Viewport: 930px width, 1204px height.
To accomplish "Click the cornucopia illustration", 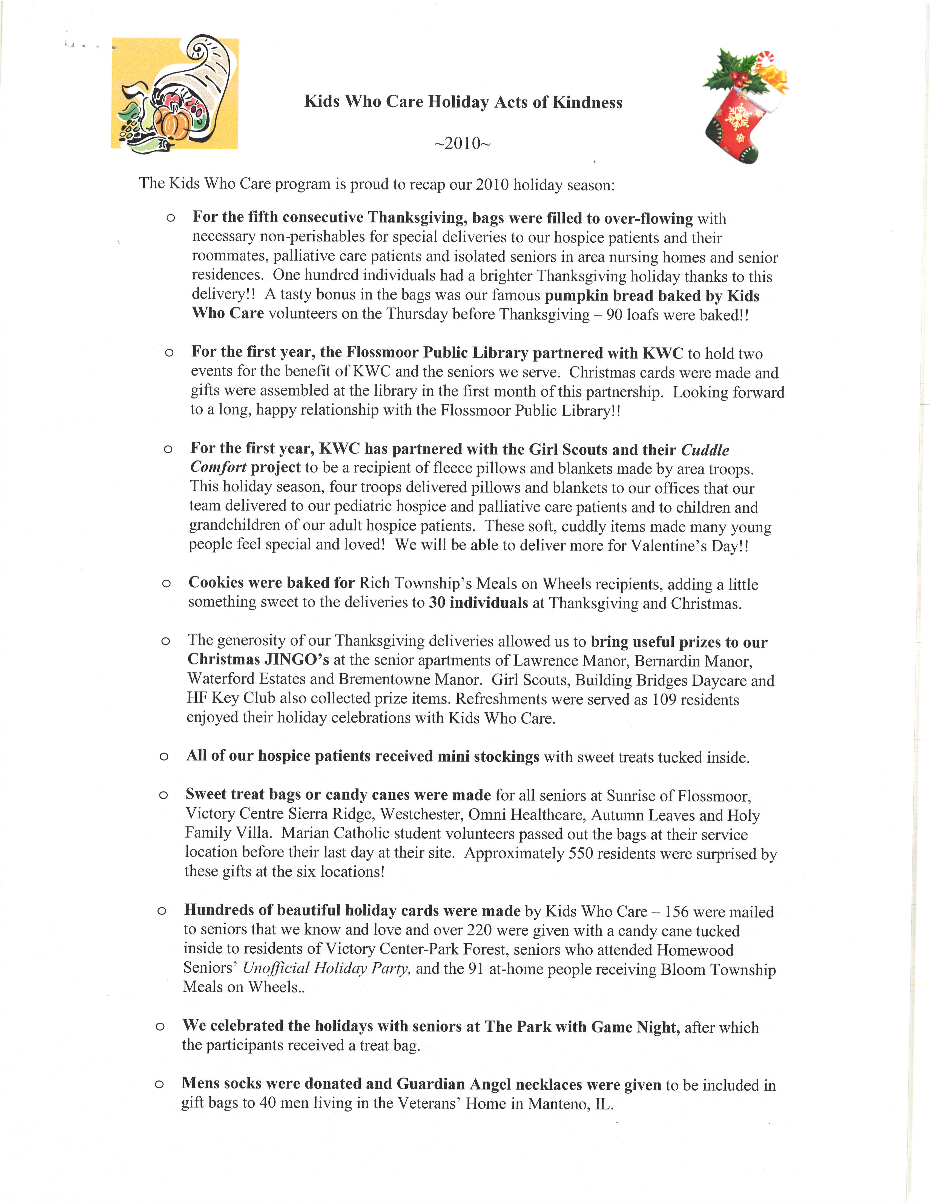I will point(175,94).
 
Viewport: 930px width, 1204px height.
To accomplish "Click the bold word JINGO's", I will point(297,660).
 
